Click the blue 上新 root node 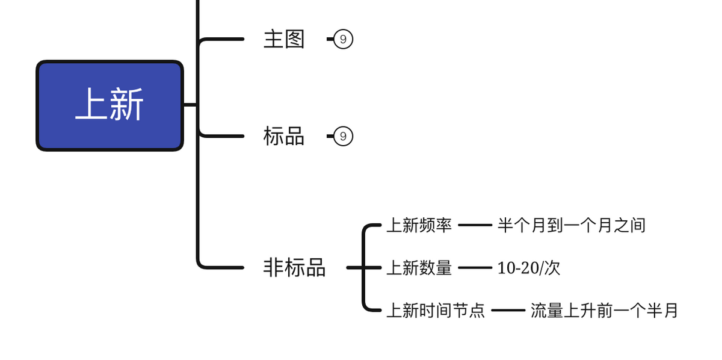[110, 105]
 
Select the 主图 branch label [284, 39]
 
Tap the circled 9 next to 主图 [343, 39]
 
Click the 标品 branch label [284, 136]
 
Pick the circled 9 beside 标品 [343, 136]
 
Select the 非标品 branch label [294, 267]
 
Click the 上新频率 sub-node [419, 225]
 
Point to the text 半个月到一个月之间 [571, 225]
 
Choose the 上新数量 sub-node [419, 268]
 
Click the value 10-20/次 [528, 268]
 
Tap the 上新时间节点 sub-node [435, 311]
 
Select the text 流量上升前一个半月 [604, 311]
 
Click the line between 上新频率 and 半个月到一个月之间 [475, 225]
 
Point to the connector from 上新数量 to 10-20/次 [475, 268]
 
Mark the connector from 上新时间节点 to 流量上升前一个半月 [508, 311]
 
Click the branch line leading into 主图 [223, 39]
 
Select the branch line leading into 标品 [223, 136]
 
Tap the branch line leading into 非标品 [223, 267]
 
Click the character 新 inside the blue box [127, 105]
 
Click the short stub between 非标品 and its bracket [355, 268]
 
